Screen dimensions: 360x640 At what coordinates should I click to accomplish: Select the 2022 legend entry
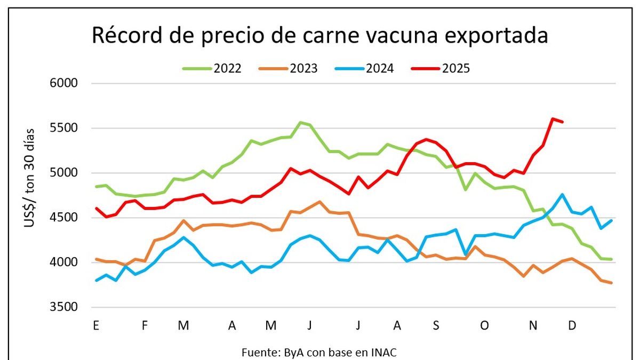tap(212, 68)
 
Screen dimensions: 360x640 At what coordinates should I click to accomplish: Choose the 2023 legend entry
tap(289, 68)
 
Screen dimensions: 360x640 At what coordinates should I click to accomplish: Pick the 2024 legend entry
tap(365, 68)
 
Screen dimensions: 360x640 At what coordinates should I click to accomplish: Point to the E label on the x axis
tap(96, 325)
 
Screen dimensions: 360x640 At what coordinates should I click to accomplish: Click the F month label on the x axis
tap(145, 325)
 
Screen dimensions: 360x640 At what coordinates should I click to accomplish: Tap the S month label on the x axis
tap(436, 325)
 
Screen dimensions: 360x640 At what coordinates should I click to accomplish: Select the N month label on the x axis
tap(533, 325)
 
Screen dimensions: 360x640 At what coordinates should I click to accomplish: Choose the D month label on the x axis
tap(572, 325)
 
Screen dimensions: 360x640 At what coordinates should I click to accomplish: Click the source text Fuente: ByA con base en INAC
tap(319, 352)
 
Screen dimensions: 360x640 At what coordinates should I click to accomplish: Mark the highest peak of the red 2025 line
tap(553, 118)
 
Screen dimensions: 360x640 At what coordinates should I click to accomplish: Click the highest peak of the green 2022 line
tap(300, 122)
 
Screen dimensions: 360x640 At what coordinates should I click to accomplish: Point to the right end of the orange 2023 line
tap(611, 283)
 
